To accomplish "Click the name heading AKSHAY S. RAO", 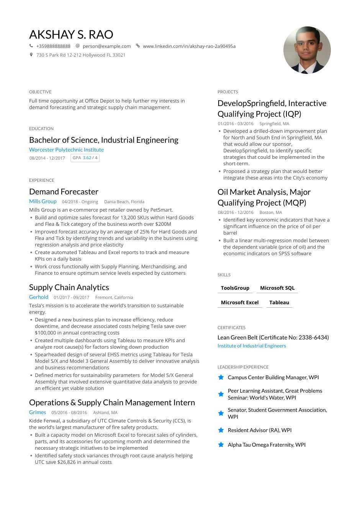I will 71,34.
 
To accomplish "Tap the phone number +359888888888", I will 53,46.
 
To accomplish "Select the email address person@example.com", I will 106,46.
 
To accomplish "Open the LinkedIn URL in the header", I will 189,46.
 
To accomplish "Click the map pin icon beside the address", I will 31,55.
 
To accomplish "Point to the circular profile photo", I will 307,50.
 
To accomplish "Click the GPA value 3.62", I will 87,158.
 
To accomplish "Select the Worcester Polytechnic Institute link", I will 66,150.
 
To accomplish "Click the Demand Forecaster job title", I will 64,192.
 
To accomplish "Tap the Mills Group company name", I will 43,201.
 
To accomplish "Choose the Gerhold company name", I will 39,297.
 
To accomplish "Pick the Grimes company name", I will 38,412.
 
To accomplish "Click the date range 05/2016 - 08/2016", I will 69,413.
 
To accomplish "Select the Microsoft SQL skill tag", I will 277,288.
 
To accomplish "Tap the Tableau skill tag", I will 279,302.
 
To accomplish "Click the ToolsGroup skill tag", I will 235,288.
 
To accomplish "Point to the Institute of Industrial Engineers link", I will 252,346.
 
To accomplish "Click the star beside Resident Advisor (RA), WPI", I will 221,430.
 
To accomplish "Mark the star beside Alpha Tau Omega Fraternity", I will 221,445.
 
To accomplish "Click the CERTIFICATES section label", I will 231,328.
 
